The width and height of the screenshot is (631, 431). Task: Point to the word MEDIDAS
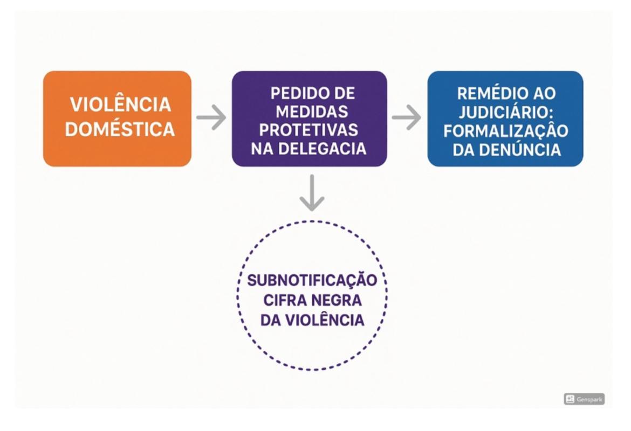pos(309,112)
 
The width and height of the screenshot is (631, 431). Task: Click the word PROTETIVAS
pos(309,130)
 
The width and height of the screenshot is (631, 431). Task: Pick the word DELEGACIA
pos(327,149)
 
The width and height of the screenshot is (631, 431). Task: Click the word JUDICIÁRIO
pos(505,112)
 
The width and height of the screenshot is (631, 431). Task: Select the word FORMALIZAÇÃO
pos(505,130)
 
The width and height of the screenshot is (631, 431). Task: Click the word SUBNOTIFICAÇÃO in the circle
pos(312,281)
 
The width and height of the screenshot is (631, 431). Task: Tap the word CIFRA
pos(285,301)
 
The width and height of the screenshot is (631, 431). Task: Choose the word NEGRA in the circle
pos(334,301)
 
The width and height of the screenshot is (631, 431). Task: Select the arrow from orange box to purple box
pos(211,117)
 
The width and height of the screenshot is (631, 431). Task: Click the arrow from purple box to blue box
pos(407,117)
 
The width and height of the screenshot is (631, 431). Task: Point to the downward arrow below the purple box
pos(312,193)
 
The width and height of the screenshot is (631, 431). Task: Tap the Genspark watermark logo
pos(584,399)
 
